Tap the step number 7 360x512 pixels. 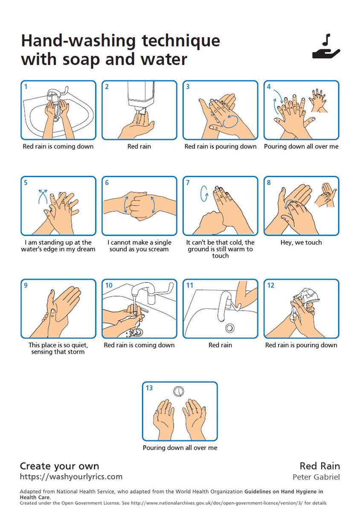pyautogui.click(x=188, y=183)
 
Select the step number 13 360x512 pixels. pyautogui.click(x=149, y=388)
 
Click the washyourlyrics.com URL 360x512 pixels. pyautogui.click(x=71, y=477)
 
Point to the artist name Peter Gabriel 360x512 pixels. pyautogui.click(x=316, y=477)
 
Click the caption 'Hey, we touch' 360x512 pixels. pyautogui.click(x=301, y=242)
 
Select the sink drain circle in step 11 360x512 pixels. pyautogui.click(x=230, y=328)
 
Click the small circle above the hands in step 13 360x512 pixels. pyautogui.click(x=179, y=390)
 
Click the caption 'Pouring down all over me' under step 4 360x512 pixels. pyautogui.click(x=301, y=146)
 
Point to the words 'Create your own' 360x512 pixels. pyautogui.click(x=59, y=465)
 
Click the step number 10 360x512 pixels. pyautogui.click(x=109, y=285)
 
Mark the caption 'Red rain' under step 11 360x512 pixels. pyautogui.click(x=220, y=345)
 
